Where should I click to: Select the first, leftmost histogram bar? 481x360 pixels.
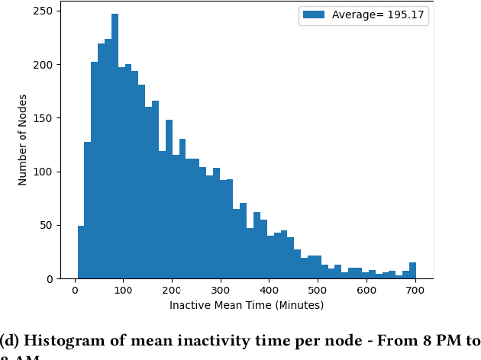click(x=81, y=252)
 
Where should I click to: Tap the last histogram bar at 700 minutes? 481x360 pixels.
click(x=412, y=271)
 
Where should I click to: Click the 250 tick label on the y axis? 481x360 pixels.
click(x=42, y=11)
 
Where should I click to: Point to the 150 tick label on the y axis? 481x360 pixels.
click(x=42, y=118)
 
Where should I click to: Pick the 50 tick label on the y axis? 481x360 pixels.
click(x=45, y=226)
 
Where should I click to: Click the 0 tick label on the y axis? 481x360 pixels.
click(x=48, y=279)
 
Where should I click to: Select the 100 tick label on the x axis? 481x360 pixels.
click(x=123, y=291)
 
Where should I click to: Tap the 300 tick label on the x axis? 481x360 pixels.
click(x=221, y=291)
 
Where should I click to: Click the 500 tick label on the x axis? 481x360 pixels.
click(x=318, y=291)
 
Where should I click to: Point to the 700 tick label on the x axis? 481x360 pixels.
click(x=415, y=291)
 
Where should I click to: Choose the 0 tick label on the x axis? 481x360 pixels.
click(x=74, y=291)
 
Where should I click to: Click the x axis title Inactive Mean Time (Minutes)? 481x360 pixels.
click(x=246, y=305)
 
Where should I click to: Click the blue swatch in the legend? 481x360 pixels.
click(x=315, y=15)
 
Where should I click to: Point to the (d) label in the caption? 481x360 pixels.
click(x=10, y=341)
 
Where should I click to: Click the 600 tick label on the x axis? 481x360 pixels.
click(x=366, y=291)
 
